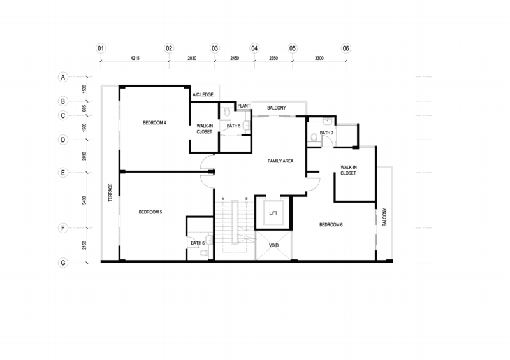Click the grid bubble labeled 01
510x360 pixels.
101,48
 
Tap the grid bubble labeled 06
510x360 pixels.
346,48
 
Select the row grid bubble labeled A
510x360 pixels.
63,77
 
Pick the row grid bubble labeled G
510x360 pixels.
63,263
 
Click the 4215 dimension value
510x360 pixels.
135,58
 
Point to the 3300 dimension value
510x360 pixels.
319,58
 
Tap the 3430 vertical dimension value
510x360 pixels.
84,200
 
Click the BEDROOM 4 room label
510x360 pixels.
154,122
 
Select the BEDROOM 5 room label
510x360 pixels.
150,212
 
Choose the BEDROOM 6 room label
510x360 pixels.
331,224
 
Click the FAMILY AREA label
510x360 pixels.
280,161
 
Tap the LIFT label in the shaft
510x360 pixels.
273,213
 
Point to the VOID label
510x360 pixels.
274,245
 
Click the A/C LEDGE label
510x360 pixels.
203,95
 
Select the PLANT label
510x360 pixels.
244,106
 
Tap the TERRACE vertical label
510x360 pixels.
110,192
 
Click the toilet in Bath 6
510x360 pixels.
204,253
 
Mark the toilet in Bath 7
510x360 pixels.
314,137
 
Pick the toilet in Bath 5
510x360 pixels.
227,112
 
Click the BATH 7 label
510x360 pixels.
326,133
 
